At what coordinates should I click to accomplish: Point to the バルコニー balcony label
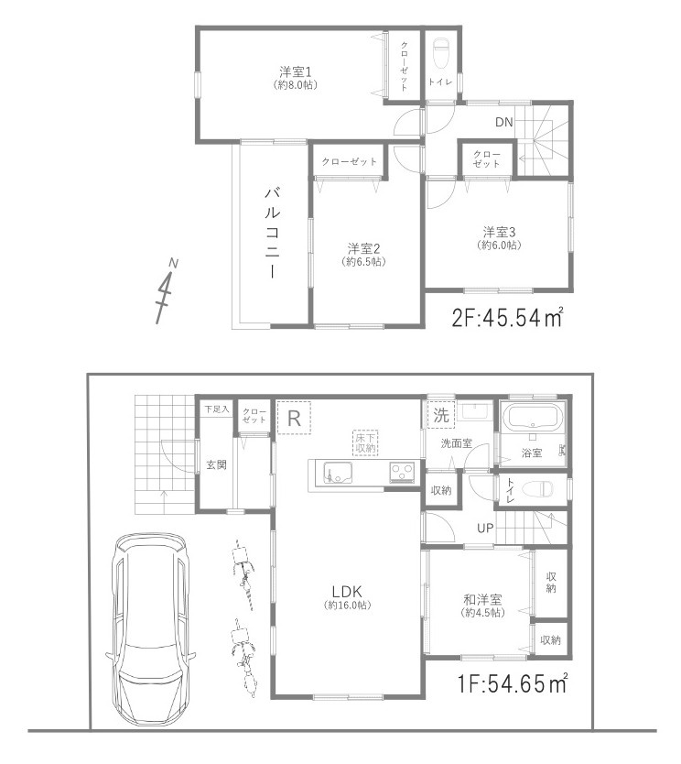coord(272,233)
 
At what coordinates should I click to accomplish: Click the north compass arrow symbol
coord(167,291)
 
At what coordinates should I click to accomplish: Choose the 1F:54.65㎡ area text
coord(512,683)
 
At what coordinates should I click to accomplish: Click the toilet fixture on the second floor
coord(441,52)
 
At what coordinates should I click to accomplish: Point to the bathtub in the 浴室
coord(531,421)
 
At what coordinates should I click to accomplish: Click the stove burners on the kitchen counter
coord(401,473)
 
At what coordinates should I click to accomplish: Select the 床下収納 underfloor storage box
coord(365,442)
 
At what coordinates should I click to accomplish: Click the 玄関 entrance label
coord(216,464)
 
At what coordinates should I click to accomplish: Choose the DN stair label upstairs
coord(504,122)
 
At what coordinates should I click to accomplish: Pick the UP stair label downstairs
coord(485,528)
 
